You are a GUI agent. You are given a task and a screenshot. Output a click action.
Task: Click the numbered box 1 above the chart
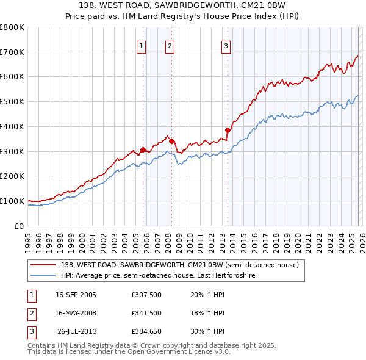(141, 45)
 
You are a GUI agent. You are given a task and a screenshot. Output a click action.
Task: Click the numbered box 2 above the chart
(169, 45)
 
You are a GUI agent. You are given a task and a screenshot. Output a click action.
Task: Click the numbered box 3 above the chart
(226, 45)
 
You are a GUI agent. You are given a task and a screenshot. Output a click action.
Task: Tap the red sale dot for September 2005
(143, 149)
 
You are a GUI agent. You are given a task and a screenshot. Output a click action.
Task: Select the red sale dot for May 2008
(171, 141)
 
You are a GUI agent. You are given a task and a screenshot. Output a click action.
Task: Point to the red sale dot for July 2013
(228, 130)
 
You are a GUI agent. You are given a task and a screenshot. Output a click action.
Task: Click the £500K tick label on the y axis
(12, 102)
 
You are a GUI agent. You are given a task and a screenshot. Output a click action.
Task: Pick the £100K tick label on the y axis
(12, 201)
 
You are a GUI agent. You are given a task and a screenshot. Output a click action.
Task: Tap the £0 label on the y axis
(18, 226)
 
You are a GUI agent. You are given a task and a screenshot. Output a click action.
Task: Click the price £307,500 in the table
(146, 295)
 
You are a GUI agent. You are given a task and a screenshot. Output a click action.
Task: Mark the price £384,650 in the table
(146, 331)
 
